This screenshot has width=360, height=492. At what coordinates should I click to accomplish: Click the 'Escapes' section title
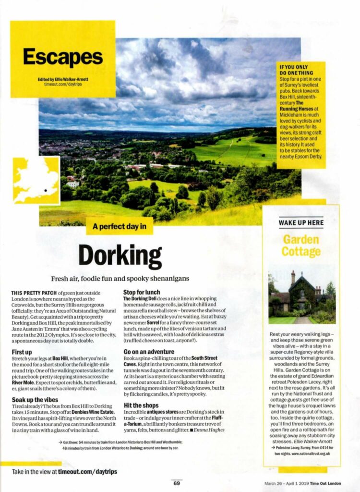coord(62,57)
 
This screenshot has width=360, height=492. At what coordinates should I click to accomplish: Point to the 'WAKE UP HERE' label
coord(301,222)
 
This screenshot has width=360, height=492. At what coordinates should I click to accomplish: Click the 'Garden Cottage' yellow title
coord(301,245)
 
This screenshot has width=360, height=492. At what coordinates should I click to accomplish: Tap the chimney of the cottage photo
coord(293,277)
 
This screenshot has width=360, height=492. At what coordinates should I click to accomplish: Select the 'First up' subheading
coord(22,352)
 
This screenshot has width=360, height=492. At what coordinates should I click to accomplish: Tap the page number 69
coord(177,483)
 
